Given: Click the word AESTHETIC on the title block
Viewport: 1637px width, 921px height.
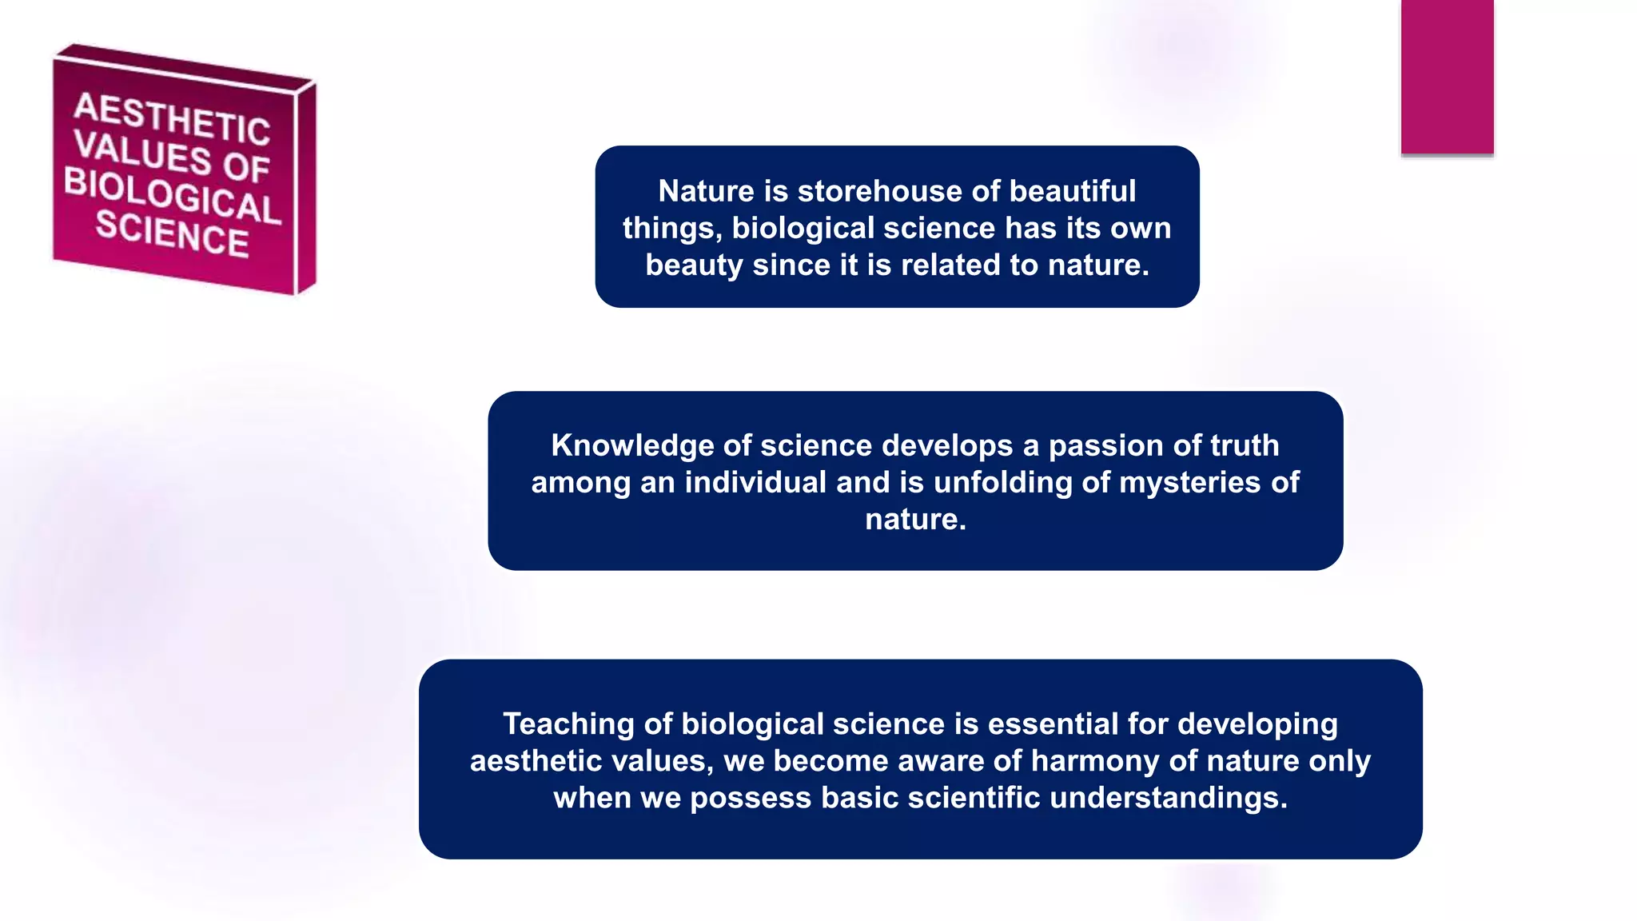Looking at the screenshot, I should pyautogui.click(x=172, y=118).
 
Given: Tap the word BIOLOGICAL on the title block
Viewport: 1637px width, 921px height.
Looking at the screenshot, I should pyautogui.click(x=172, y=194).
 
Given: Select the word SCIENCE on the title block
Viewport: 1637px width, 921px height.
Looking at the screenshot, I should pyautogui.click(x=172, y=233).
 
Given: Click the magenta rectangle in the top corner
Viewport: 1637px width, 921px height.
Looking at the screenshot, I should pyautogui.click(x=1447, y=77).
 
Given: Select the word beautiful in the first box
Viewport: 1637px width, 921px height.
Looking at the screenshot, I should pyautogui.click(x=1072, y=191).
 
